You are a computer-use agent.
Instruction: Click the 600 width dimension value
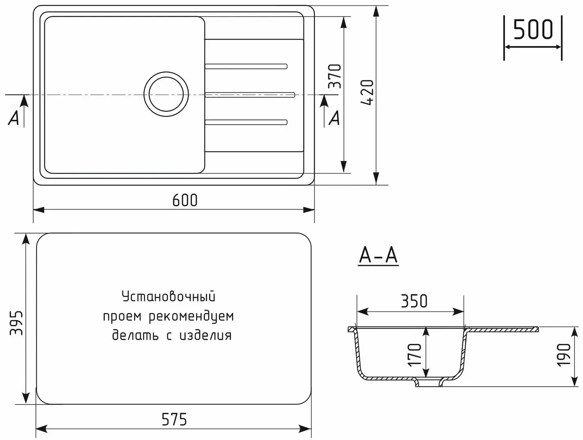click(x=185, y=200)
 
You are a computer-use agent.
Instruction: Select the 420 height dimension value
click(x=367, y=92)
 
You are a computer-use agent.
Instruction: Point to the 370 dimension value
click(x=335, y=76)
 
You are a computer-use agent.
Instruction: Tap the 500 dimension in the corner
click(x=533, y=29)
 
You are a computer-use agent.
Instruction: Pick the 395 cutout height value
click(x=16, y=323)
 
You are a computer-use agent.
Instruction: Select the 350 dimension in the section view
click(x=414, y=301)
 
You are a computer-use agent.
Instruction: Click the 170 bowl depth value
click(x=415, y=354)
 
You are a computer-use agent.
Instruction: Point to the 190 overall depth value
click(x=564, y=354)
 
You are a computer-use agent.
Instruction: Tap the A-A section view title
click(x=378, y=255)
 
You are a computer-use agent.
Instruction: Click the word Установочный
click(x=168, y=296)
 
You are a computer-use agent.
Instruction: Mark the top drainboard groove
click(x=246, y=66)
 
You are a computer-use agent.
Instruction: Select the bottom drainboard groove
click(x=246, y=122)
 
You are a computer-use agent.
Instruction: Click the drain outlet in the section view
click(x=429, y=383)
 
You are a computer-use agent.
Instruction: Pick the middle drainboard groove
click(x=250, y=95)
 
